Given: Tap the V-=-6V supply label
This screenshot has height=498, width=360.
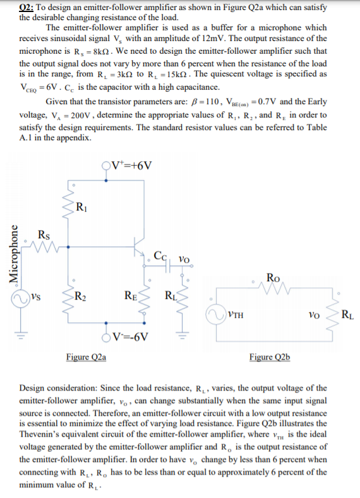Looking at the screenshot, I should [x=128, y=335].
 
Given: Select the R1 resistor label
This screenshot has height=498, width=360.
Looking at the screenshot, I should [x=81, y=205].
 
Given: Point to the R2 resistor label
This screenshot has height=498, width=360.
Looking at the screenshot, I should [x=80, y=295].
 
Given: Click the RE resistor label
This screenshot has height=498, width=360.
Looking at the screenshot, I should [x=129, y=295].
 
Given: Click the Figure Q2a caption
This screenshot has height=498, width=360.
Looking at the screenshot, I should [x=86, y=357].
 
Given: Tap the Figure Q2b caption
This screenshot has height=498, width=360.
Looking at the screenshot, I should [x=270, y=357].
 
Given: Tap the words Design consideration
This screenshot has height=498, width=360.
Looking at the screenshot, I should [x=61, y=388].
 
